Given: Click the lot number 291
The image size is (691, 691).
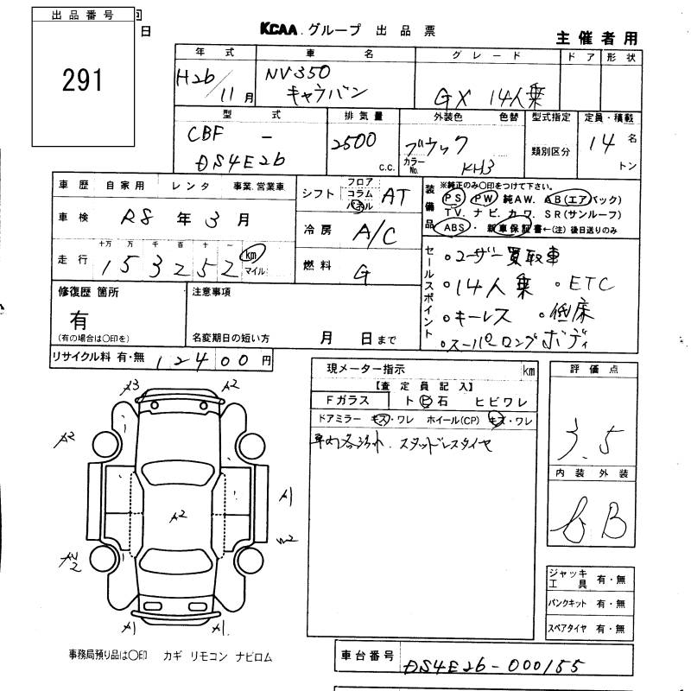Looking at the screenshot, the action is tap(82, 81).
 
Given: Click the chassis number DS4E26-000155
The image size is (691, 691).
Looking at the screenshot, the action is tap(491, 666).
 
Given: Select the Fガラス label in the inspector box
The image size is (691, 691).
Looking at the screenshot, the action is tap(348, 400).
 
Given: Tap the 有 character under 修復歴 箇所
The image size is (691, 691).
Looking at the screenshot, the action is tap(79, 320).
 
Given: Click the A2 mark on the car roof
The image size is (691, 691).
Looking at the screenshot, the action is tap(178, 516).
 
